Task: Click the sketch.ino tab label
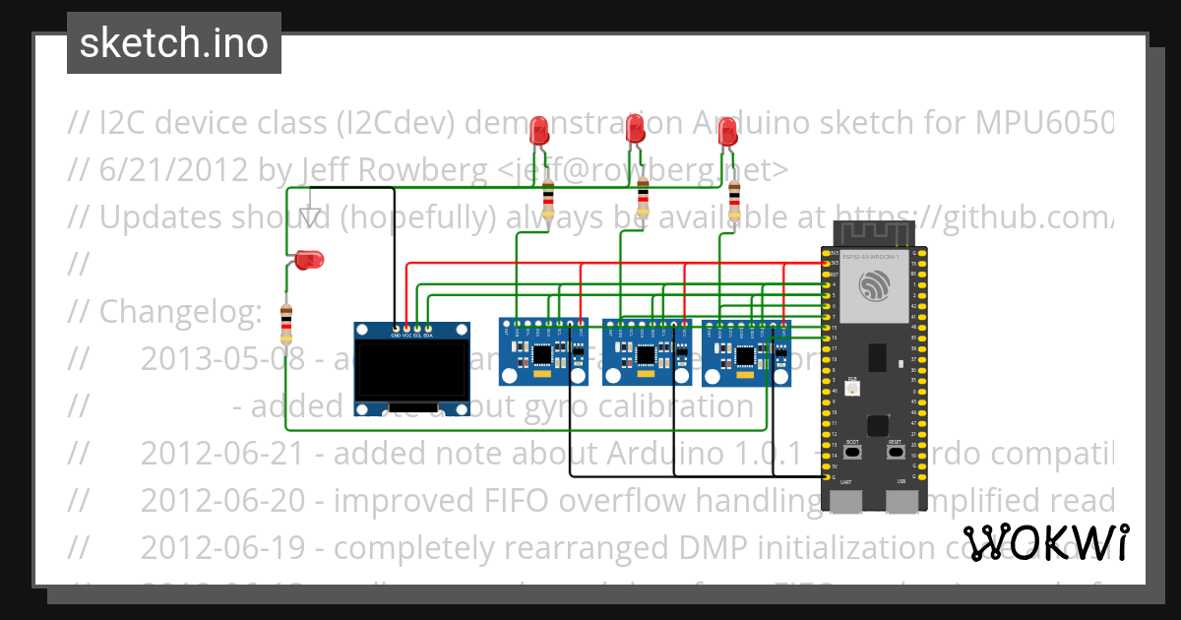click(173, 43)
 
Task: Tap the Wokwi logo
click(1045, 543)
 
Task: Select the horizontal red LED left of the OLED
click(308, 260)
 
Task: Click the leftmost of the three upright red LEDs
click(538, 131)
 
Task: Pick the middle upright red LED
click(636, 128)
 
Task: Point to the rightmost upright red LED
click(727, 132)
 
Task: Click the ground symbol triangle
click(311, 217)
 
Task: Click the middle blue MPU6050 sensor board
click(647, 351)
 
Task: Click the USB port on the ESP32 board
click(901, 501)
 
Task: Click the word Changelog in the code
click(180, 312)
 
